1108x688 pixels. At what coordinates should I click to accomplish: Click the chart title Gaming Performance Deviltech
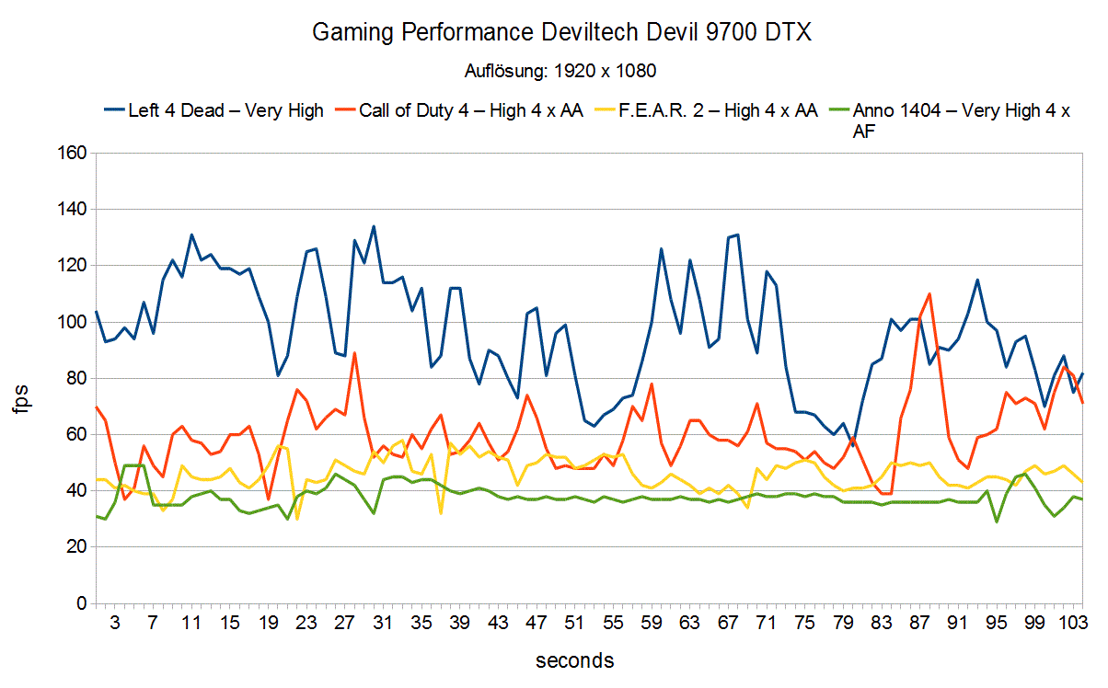pyautogui.click(x=562, y=33)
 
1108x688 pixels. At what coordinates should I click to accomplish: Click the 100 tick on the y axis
pyautogui.click(x=72, y=323)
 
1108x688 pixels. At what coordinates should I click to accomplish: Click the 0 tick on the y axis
pyautogui.click(x=80, y=604)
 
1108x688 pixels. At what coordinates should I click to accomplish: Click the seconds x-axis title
pyautogui.click(x=574, y=660)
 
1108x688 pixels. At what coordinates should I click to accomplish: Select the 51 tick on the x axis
pyautogui.click(x=574, y=623)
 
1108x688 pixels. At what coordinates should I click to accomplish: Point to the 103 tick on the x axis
pyautogui.click(x=1070, y=623)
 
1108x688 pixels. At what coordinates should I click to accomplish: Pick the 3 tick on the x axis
pyautogui.click(x=115, y=623)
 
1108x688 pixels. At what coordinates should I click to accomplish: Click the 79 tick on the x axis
pyautogui.click(x=843, y=623)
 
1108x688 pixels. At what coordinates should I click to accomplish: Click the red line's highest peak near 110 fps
pyautogui.click(x=929, y=294)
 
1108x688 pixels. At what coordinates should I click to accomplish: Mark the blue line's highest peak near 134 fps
pyautogui.click(x=374, y=226)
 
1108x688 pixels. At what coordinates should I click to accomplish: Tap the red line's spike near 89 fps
pyautogui.click(x=354, y=353)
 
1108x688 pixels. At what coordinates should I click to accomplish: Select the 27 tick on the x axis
pyautogui.click(x=344, y=623)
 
